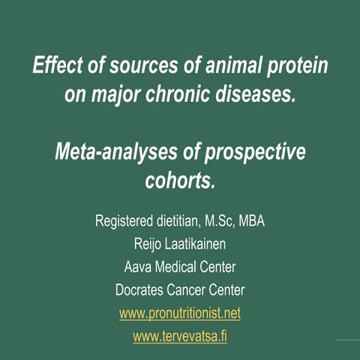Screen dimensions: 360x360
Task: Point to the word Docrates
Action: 143,289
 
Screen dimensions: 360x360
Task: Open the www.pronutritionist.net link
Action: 180,313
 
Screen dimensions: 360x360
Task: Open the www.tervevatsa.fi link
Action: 180,336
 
